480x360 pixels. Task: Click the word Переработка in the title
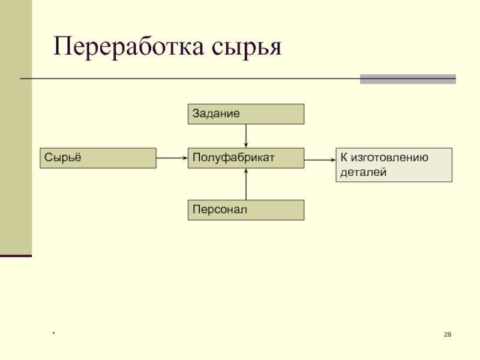pyautogui.click(x=128, y=47)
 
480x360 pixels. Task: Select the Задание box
pyautogui.click(x=246, y=113)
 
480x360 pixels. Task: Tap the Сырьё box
pyautogui.click(x=98, y=158)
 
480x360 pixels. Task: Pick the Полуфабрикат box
pyautogui.click(x=246, y=158)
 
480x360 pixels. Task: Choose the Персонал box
pyautogui.click(x=246, y=210)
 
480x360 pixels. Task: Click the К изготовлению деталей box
pyautogui.click(x=394, y=165)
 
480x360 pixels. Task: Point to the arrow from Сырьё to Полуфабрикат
pyautogui.click(x=172, y=158)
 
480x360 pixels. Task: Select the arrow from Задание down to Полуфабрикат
pyautogui.click(x=246, y=135)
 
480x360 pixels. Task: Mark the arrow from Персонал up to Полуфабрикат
pyautogui.click(x=246, y=184)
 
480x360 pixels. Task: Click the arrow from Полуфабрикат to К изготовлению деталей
pyautogui.click(x=320, y=159)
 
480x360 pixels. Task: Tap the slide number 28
pyautogui.click(x=448, y=334)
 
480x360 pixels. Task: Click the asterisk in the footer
pyautogui.click(x=53, y=334)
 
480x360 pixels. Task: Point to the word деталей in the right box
pyautogui.click(x=362, y=172)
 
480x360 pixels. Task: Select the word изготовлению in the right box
pyautogui.click(x=390, y=158)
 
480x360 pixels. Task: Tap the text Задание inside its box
pyautogui.click(x=216, y=113)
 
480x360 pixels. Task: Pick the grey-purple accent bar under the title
pyautogui.click(x=407, y=79)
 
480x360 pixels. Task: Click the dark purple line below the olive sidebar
pyautogui.click(x=16, y=256)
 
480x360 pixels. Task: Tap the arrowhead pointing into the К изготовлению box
pyautogui.click(x=332, y=159)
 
